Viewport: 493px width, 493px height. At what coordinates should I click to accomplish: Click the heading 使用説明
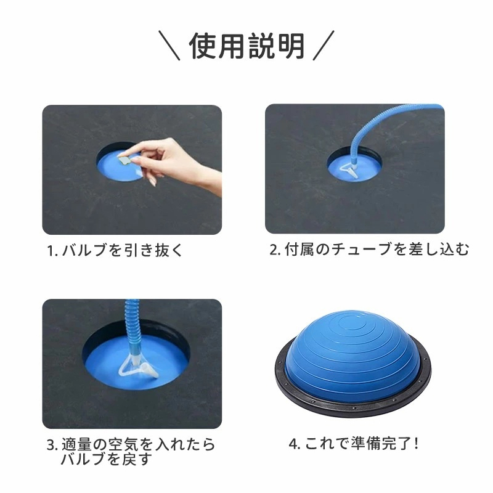click(246, 46)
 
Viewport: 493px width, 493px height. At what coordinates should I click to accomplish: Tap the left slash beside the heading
click(169, 45)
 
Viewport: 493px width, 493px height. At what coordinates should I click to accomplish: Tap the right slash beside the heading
click(323, 45)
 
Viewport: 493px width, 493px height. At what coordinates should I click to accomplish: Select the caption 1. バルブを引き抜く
click(115, 251)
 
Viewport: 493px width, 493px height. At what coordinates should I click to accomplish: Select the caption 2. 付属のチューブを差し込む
click(369, 250)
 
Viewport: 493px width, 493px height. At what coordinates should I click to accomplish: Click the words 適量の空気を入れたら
click(138, 444)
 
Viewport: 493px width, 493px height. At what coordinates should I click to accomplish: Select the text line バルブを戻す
click(107, 460)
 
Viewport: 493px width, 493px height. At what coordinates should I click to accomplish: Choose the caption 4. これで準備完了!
click(354, 444)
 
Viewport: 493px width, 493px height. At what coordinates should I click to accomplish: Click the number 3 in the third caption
click(51, 445)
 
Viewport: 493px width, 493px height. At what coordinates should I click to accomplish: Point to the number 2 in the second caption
click(274, 250)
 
